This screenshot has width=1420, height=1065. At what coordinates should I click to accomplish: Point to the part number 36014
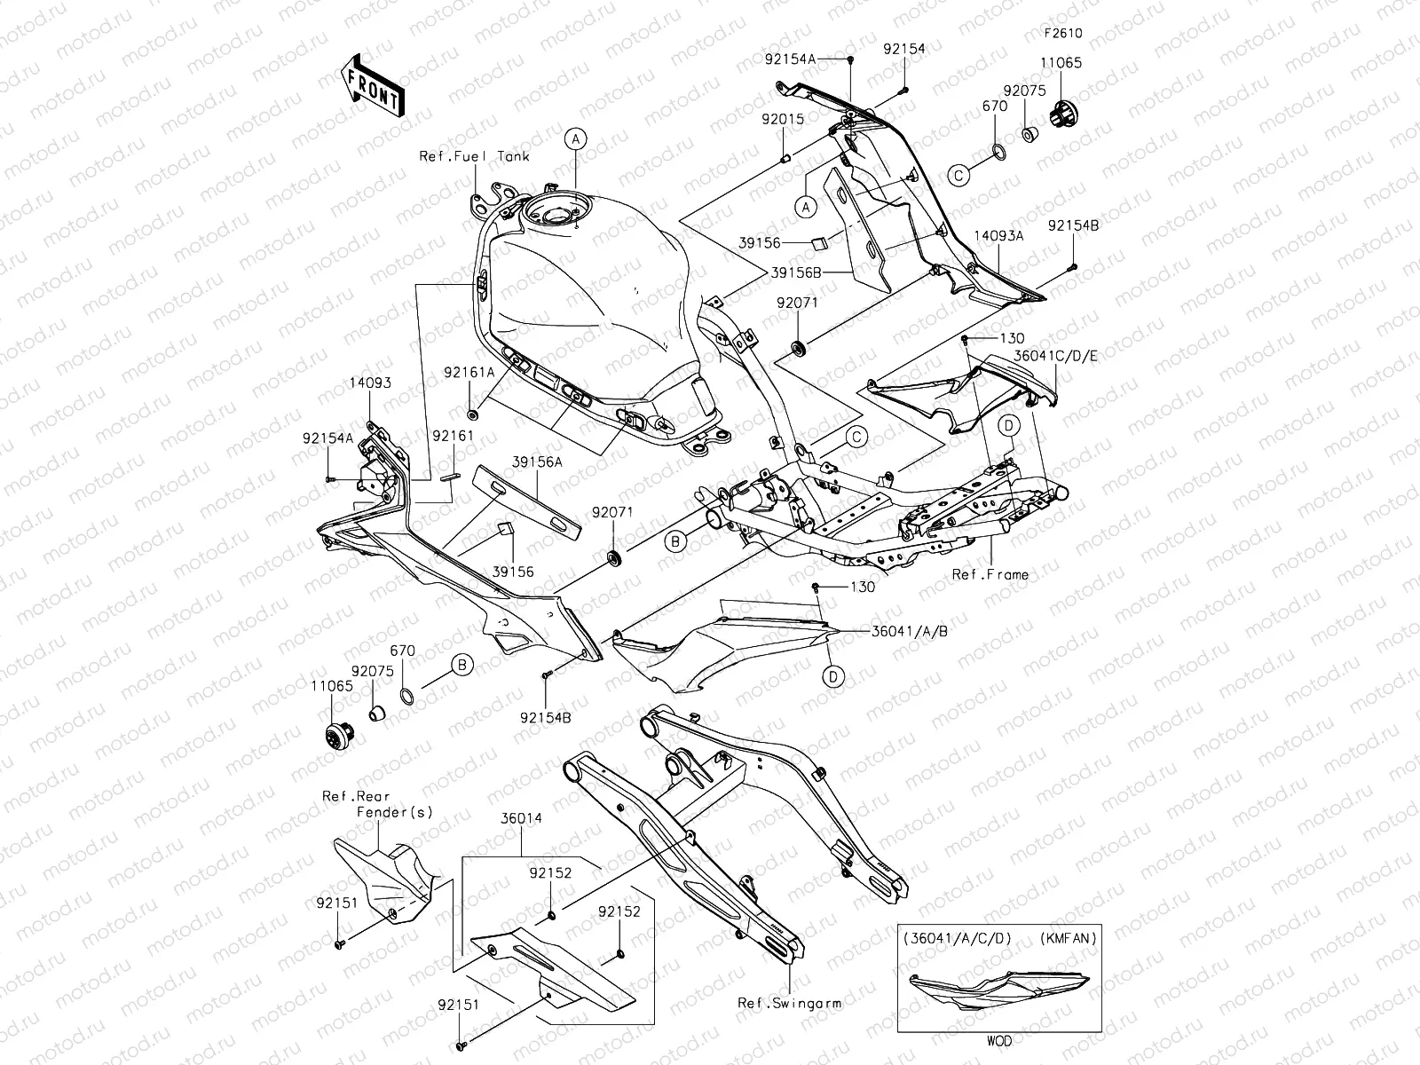tap(521, 818)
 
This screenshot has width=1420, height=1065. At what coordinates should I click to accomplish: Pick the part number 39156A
tap(538, 462)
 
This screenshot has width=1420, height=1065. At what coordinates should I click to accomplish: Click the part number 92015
tap(783, 118)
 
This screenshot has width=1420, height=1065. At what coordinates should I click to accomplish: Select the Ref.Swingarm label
tap(789, 1003)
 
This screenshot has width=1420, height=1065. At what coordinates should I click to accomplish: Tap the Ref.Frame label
tap(990, 574)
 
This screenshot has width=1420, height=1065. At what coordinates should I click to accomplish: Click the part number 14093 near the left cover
tap(370, 383)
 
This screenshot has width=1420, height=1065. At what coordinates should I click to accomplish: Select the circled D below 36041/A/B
tap(832, 676)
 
